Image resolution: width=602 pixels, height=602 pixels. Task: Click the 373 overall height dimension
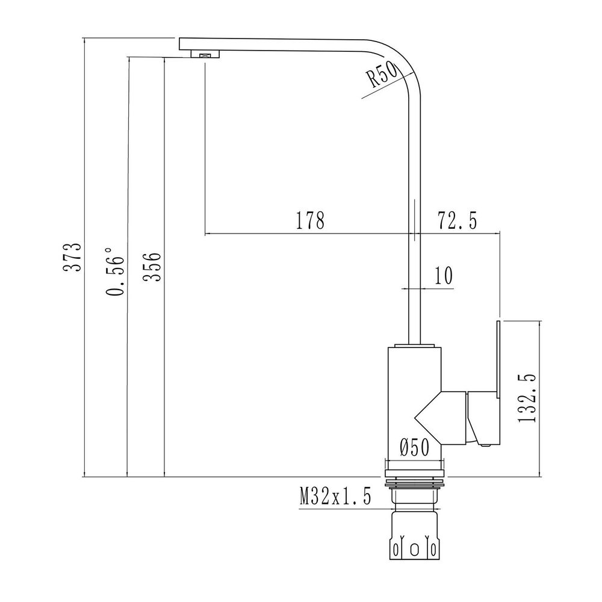72,257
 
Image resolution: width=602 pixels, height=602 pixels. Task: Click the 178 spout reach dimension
310,221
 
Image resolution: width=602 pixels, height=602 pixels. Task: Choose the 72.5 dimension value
457,221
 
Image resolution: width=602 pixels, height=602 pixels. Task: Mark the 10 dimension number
443,276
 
